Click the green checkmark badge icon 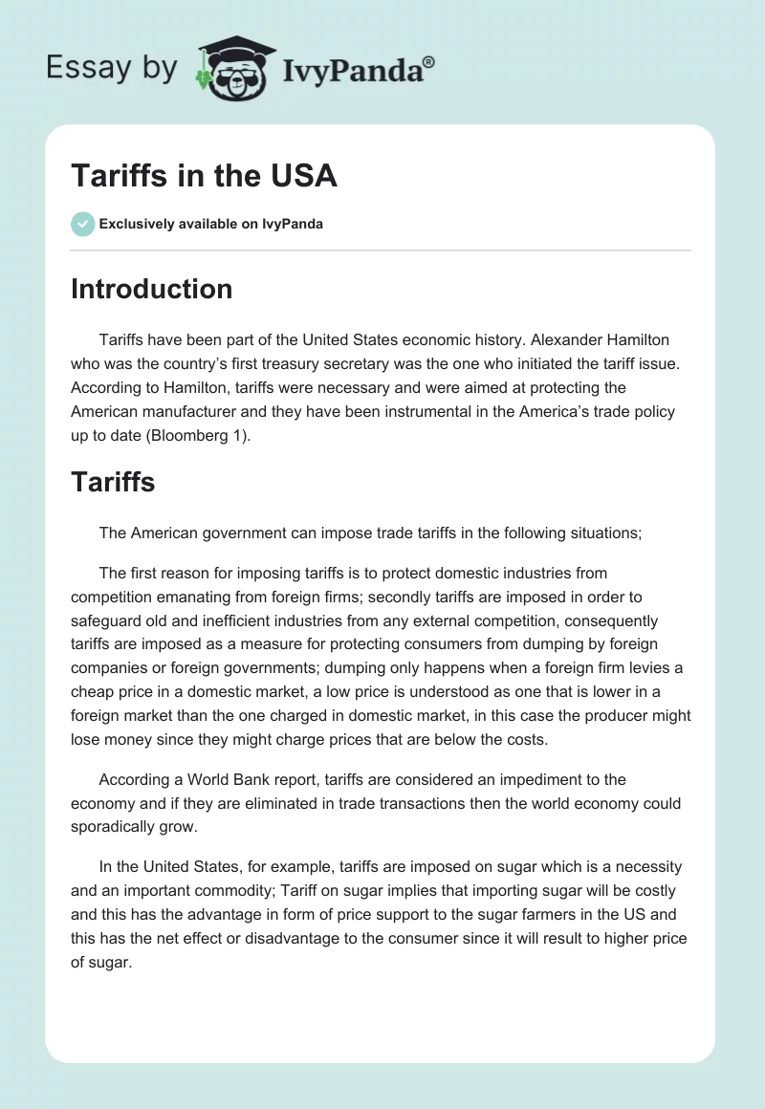[x=82, y=224]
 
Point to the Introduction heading [x=151, y=289]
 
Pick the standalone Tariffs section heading [x=113, y=483]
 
